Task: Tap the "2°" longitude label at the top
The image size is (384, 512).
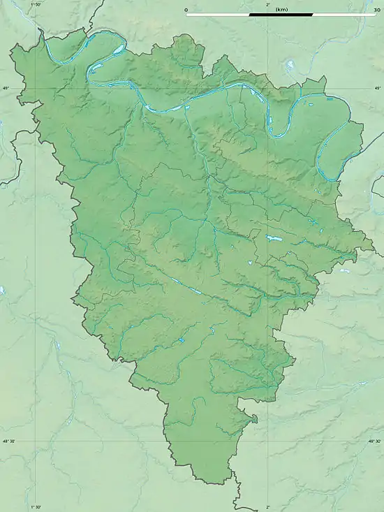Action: pos(268,5)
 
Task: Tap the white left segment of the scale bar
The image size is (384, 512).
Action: pos(217,14)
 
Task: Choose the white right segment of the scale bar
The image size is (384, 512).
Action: pos(344,14)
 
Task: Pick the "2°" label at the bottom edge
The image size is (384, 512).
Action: pos(268,508)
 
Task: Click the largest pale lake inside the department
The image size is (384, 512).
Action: pos(273,239)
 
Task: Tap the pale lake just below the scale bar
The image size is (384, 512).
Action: pos(288,67)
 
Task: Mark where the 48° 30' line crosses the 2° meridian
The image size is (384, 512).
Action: pos(268,441)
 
